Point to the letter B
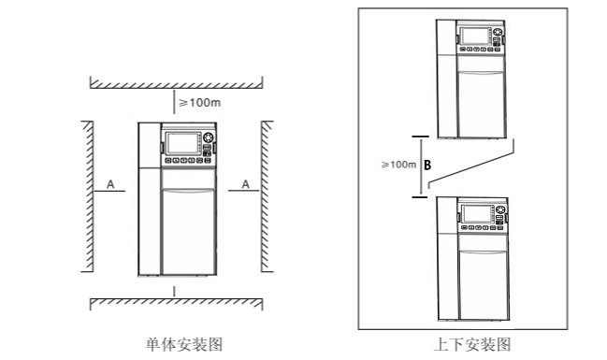427,166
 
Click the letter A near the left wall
110,186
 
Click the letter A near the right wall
245,186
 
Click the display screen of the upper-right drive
478,38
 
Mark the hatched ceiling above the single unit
176,83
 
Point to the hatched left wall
85,196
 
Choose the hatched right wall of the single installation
266,196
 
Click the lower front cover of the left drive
190,229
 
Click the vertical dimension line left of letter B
419,166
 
